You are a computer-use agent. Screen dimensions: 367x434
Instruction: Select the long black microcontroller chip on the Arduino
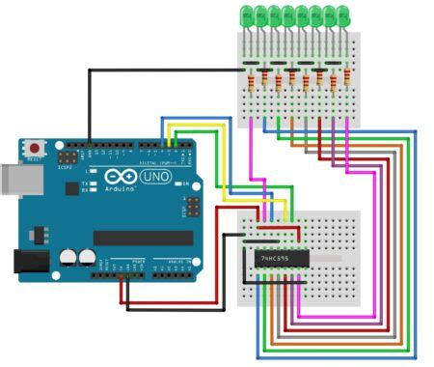[143, 237]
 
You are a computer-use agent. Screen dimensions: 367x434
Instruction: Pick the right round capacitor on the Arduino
[87, 258]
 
